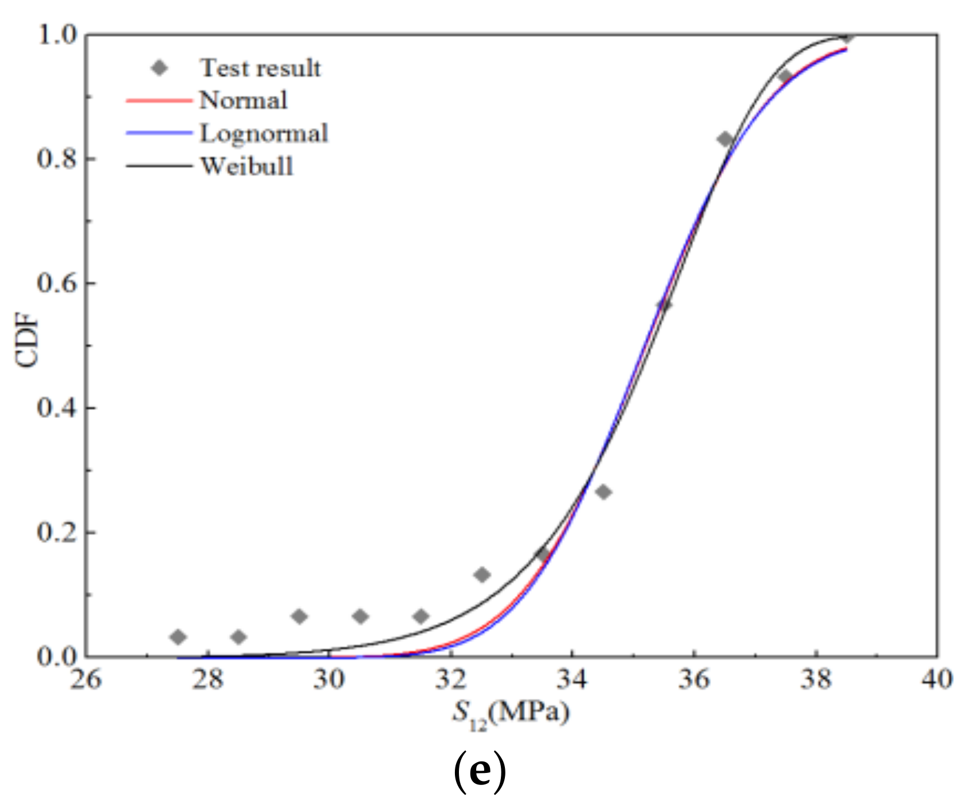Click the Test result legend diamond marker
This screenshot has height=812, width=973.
(160, 68)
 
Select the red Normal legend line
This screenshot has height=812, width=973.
(159, 100)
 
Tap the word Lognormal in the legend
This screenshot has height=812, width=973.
(264, 133)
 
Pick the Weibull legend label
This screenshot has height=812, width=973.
(246, 167)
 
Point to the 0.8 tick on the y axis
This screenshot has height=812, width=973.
(57, 158)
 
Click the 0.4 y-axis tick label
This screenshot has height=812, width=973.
(57, 408)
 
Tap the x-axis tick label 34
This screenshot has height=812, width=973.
(572, 679)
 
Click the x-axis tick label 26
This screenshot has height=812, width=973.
(86, 679)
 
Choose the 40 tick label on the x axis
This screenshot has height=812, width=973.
(937, 679)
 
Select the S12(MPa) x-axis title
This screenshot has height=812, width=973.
(510, 714)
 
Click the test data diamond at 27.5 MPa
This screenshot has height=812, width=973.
(178, 636)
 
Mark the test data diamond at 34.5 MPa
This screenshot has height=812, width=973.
(603, 492)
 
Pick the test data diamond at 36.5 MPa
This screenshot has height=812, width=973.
(725, 139)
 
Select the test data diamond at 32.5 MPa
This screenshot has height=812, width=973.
(482, 574)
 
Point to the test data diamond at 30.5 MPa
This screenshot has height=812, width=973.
(360, 617)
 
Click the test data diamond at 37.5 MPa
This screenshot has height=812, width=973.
(785, 76)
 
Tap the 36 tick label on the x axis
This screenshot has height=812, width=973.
(694, 679)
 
